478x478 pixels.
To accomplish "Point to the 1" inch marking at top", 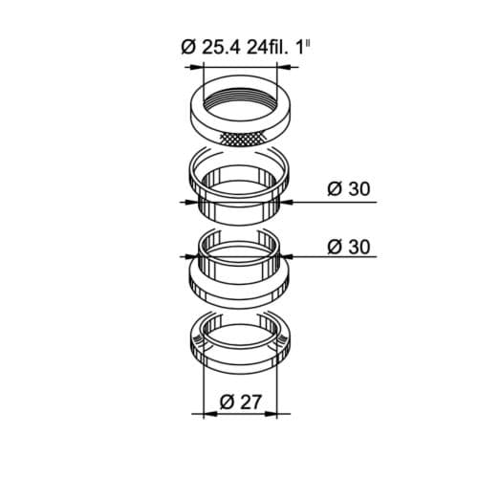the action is pos(304,46).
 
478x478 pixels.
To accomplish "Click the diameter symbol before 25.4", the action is pos(189,47).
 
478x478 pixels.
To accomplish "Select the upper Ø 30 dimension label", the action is pos(349,188).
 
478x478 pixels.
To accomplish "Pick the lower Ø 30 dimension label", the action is pos(349,247).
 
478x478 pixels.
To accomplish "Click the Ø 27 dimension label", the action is pos(241,402).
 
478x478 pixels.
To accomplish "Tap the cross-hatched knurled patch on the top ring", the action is pos(243,139).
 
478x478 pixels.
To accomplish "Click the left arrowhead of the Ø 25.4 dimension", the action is pos(196,67).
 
